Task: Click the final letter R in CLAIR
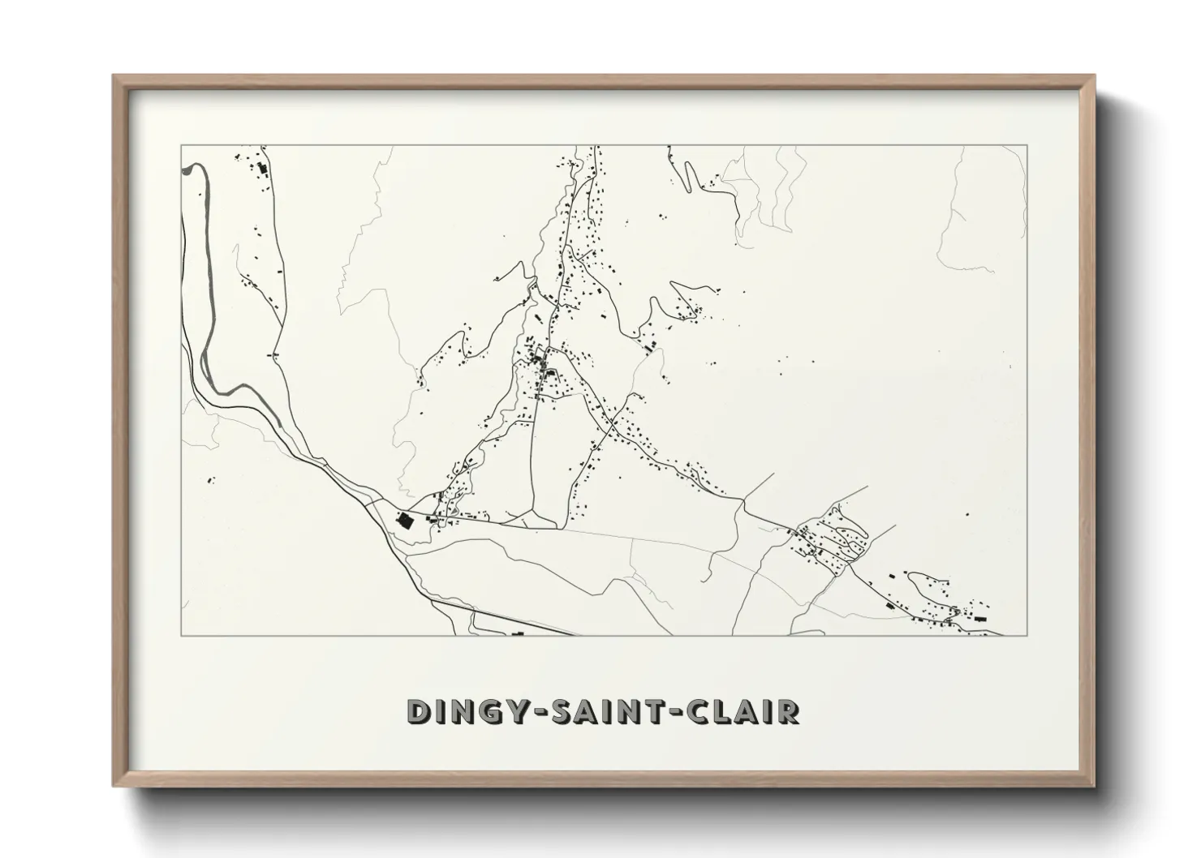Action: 788,711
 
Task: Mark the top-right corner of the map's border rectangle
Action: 1027,145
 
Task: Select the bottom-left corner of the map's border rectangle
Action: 181,635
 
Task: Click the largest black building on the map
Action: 403,520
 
